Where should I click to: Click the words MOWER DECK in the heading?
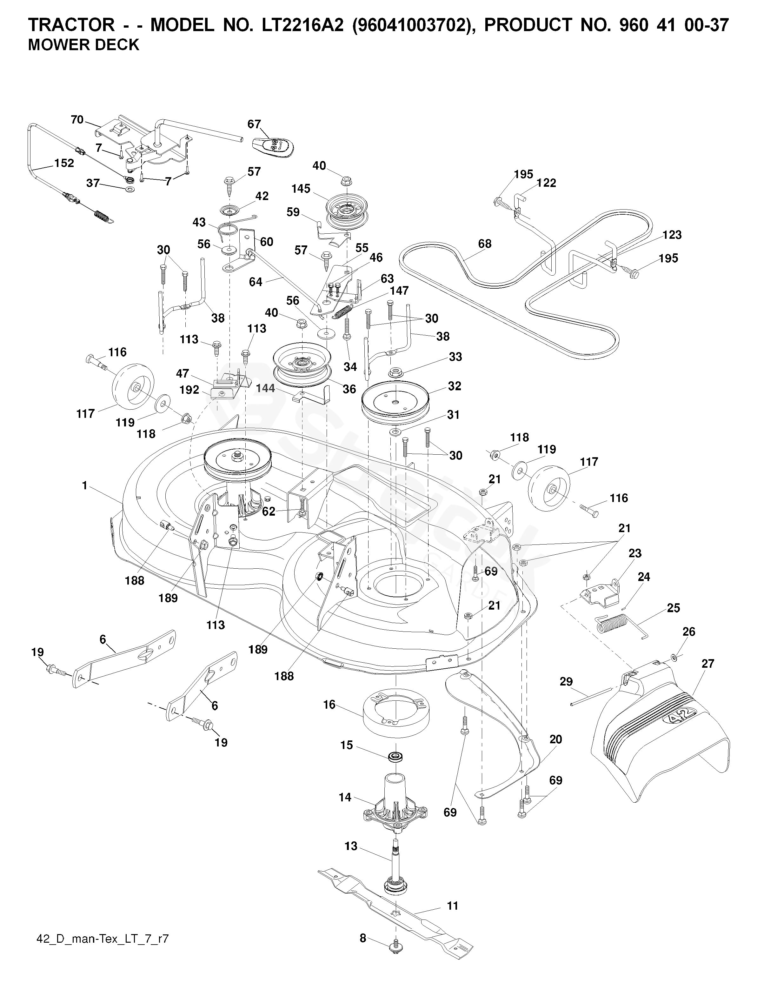84,45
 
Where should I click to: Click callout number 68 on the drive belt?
484,244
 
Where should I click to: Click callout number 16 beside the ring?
329,705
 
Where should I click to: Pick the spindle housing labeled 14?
395,808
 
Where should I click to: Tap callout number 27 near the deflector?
707,664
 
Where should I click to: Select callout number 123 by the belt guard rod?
672,235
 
